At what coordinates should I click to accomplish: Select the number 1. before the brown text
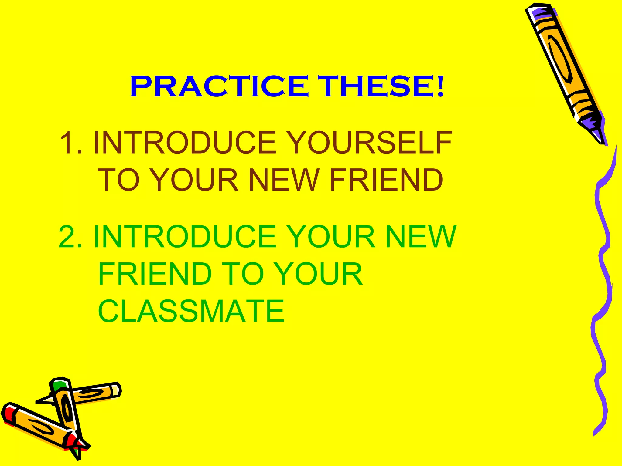click(x=71, y=143)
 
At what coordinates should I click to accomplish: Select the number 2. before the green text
click(x=70, y=237)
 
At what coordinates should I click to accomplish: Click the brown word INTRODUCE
click(x=185, y=143)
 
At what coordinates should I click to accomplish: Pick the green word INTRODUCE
click(x=185, y=237)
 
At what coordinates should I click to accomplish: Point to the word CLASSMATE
click(x=191, y=311)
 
